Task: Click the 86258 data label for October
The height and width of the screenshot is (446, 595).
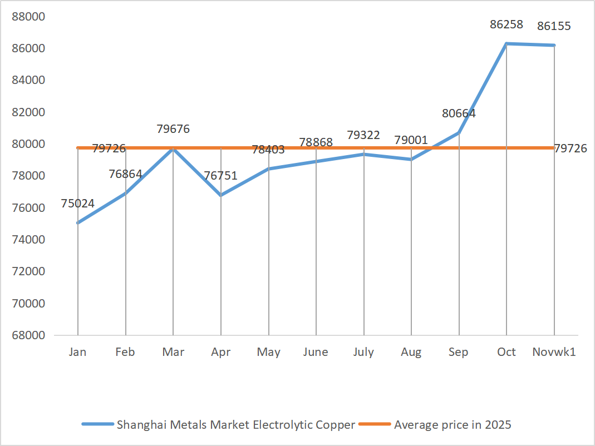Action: point(506,24)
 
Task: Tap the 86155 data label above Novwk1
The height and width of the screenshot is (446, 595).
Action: point(553,26)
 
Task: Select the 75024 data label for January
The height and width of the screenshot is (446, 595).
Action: point(77,204)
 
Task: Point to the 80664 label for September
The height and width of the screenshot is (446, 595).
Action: point(459,113)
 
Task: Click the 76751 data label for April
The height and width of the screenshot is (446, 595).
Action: point(220,176)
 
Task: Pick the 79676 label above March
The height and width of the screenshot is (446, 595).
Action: point(173,129)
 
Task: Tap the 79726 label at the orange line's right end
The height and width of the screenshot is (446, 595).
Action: point(571,148)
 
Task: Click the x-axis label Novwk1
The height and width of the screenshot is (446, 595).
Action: point(554,352)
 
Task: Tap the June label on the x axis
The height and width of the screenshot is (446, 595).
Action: point(316,352)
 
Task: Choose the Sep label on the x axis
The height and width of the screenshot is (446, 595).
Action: point(459,352)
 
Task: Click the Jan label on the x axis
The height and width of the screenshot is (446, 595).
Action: point(77,352)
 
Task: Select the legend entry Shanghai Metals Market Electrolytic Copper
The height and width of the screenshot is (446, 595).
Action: point(235,425)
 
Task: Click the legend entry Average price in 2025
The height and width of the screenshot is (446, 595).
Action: point(452,425)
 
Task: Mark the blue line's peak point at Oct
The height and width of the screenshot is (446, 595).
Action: point(507,43)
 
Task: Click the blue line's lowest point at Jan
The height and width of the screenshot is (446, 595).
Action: point(77,223)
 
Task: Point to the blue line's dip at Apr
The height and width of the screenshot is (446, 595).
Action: point(220,195)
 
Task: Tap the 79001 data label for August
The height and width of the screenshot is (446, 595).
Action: point(411,140)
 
